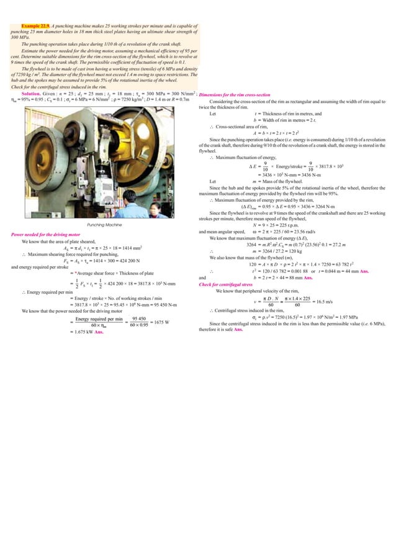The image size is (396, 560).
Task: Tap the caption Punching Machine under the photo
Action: [104, 225]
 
